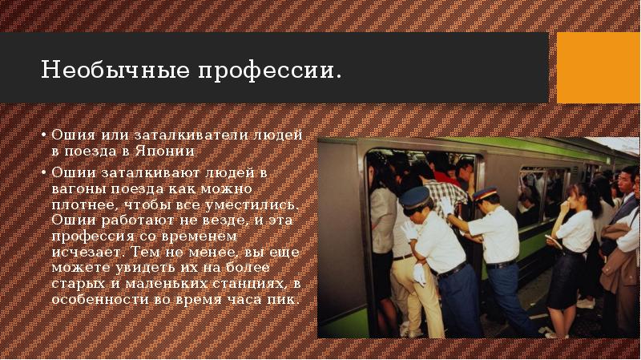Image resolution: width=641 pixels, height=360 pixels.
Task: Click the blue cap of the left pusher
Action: point(415,196)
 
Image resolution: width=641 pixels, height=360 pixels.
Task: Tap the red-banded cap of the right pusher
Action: point(486,193)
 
